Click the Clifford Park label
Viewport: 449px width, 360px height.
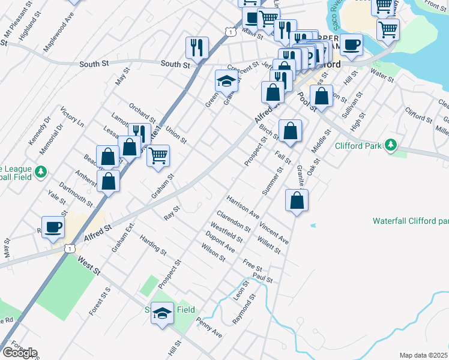coord(357,145)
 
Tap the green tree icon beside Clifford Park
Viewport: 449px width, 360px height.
coord(391,145)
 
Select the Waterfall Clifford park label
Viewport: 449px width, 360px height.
coord(411,221)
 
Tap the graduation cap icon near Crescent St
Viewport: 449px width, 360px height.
coord(226,80)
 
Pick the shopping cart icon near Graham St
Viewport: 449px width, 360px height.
coord(158,156)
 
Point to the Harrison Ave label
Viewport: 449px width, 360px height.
coord(243,206)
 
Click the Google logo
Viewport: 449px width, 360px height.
coord(19,353)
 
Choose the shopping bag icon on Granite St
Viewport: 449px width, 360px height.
coord(297,201)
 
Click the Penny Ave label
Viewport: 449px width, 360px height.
coord(209,327)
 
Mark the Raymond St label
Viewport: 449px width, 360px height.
coord(244,309)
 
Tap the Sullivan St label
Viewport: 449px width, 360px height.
coord(354,106)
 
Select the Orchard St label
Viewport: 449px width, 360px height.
coord(142,113)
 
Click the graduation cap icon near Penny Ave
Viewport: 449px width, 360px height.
coord(162,313)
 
